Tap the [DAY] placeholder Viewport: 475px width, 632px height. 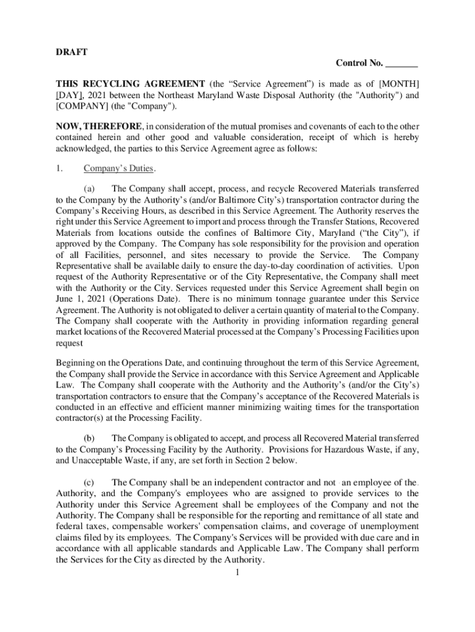point(72,96)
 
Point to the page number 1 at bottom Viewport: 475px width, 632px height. point(237,572)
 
